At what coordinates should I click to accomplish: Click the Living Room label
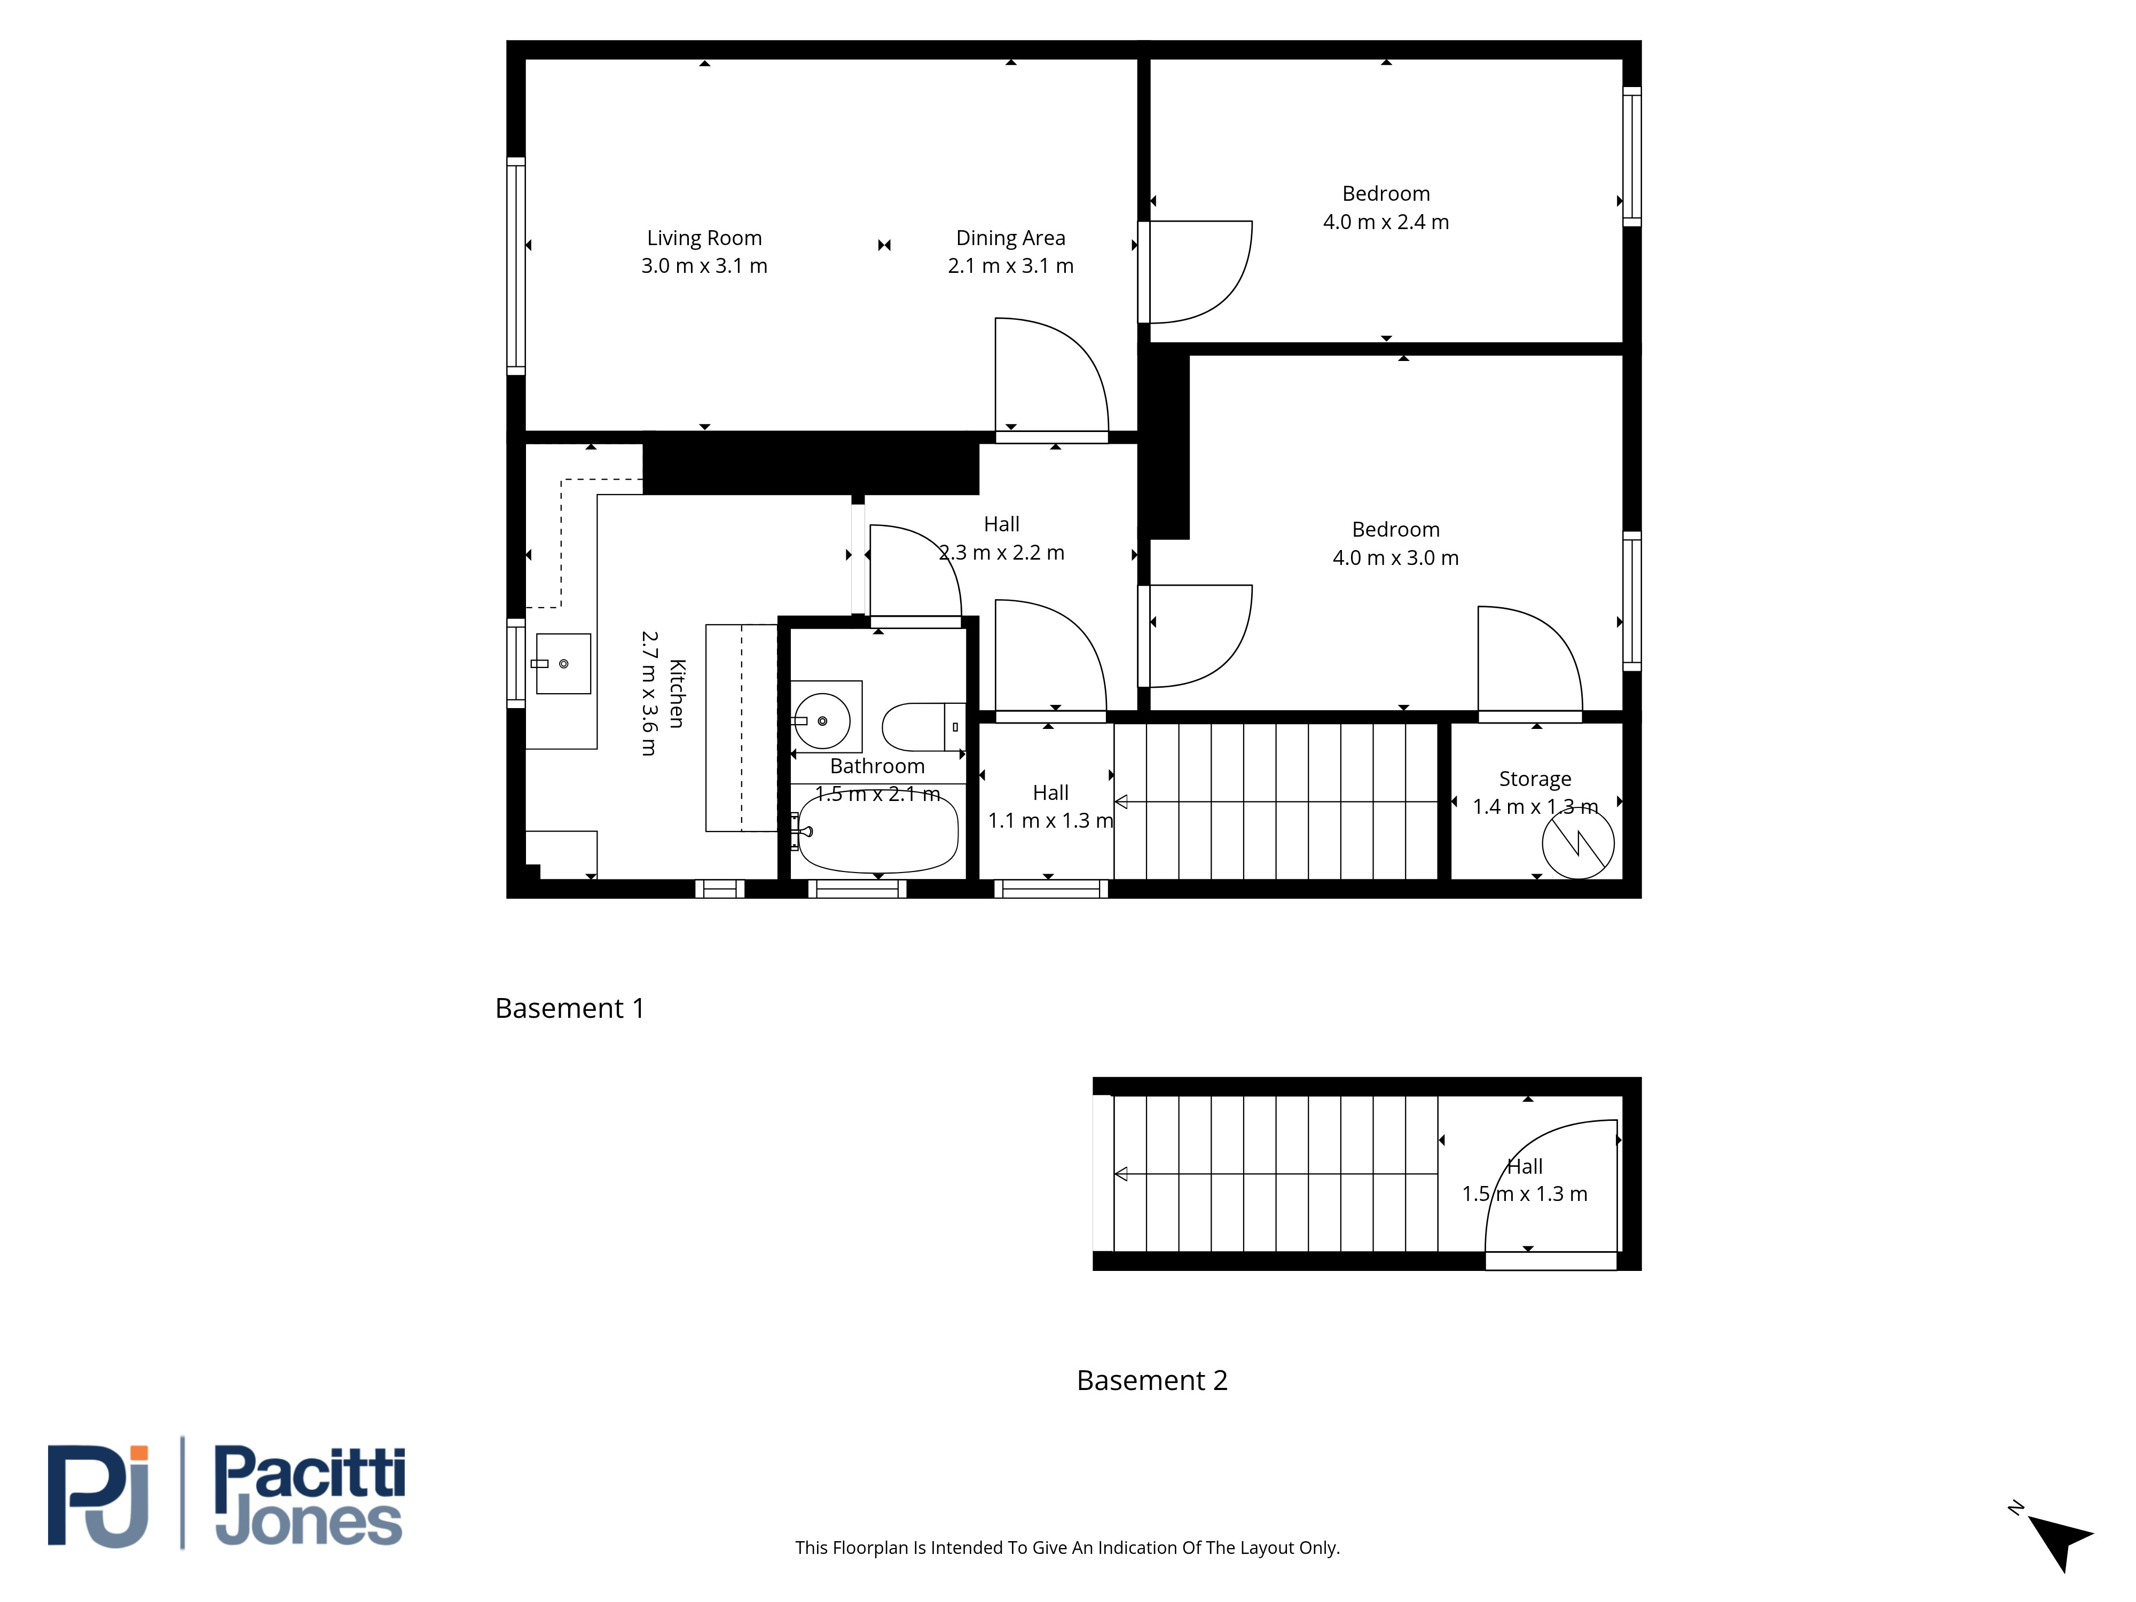[704, 239]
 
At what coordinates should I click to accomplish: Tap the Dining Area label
[1010, 239]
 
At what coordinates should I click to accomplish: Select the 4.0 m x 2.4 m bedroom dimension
[1386, 222]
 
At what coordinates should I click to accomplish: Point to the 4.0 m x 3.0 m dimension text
[1395, 558]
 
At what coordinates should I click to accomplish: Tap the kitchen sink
[563, 663]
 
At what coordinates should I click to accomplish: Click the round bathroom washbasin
[822, 720]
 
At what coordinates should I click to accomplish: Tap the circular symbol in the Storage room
[1578, 843]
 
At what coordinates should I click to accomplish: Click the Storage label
[1534, 779]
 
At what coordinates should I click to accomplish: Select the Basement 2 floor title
[1152, 1381]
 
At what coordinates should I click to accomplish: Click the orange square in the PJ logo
[140, 1452]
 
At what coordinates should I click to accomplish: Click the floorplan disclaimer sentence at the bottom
[1067, 1548]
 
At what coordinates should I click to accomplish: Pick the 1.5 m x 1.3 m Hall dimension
[1524, 1195]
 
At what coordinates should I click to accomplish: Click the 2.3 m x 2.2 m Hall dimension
[1001, 553]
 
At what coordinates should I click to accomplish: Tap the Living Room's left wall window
[516, 265]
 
